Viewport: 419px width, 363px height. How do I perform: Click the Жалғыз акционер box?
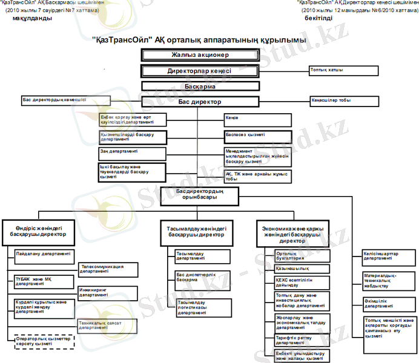200,55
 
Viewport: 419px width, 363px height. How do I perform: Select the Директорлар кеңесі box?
200,71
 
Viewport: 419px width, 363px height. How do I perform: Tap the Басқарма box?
200,87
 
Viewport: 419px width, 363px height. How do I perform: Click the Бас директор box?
200,102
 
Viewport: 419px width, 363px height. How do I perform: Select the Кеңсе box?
258,119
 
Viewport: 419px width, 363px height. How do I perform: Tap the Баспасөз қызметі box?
258,136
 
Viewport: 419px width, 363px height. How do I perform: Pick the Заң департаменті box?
132,153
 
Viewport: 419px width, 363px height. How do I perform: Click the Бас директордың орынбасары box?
200,194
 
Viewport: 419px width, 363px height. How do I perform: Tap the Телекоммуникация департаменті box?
109,269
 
